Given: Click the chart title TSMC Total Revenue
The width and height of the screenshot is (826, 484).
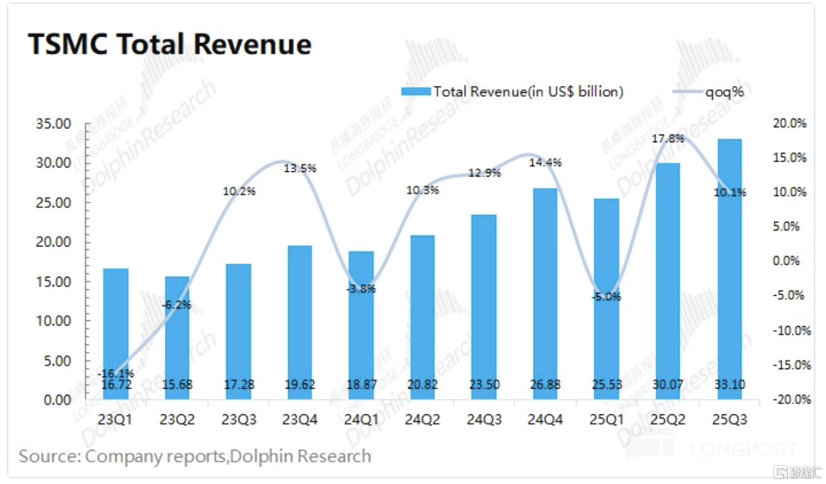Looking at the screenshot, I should pos(170,45).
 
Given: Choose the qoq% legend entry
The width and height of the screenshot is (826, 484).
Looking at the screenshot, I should pos(710,92).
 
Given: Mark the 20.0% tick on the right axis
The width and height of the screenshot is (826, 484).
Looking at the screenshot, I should pos(790,124).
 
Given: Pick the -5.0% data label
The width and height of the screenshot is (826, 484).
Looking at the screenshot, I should pos(606,296).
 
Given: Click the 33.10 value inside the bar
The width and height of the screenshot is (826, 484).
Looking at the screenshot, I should pos(729,385).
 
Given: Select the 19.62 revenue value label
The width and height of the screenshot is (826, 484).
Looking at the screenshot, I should pos(300,385).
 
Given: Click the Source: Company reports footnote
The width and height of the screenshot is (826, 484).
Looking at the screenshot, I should pos(195,456).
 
